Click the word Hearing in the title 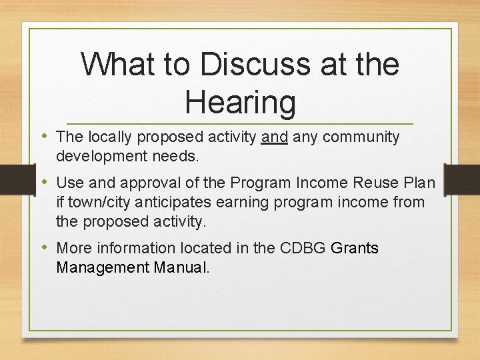tap(240, 102)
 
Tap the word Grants tap(355, 248)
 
